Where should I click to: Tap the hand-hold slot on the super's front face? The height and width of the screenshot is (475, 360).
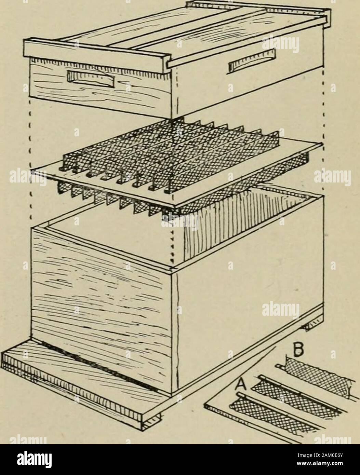(x=91, y=79)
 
